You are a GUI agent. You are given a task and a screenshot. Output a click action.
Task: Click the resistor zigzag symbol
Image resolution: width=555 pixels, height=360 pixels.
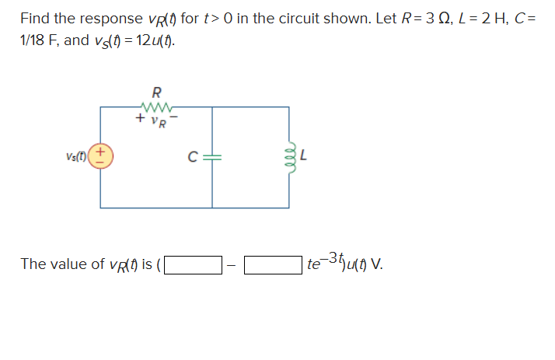click(x=156, y=107)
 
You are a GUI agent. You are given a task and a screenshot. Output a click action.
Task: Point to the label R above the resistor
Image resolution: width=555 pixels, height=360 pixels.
click(x=156, y=91)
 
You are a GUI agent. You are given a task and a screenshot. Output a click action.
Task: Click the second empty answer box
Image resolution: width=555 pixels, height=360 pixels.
click(x=273, y=264)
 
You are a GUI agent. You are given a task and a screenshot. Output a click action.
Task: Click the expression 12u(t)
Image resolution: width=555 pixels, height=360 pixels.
click(x=155, y=40)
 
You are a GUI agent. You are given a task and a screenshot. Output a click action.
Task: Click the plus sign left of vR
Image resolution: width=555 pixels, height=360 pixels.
click(x=138, y=119)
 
